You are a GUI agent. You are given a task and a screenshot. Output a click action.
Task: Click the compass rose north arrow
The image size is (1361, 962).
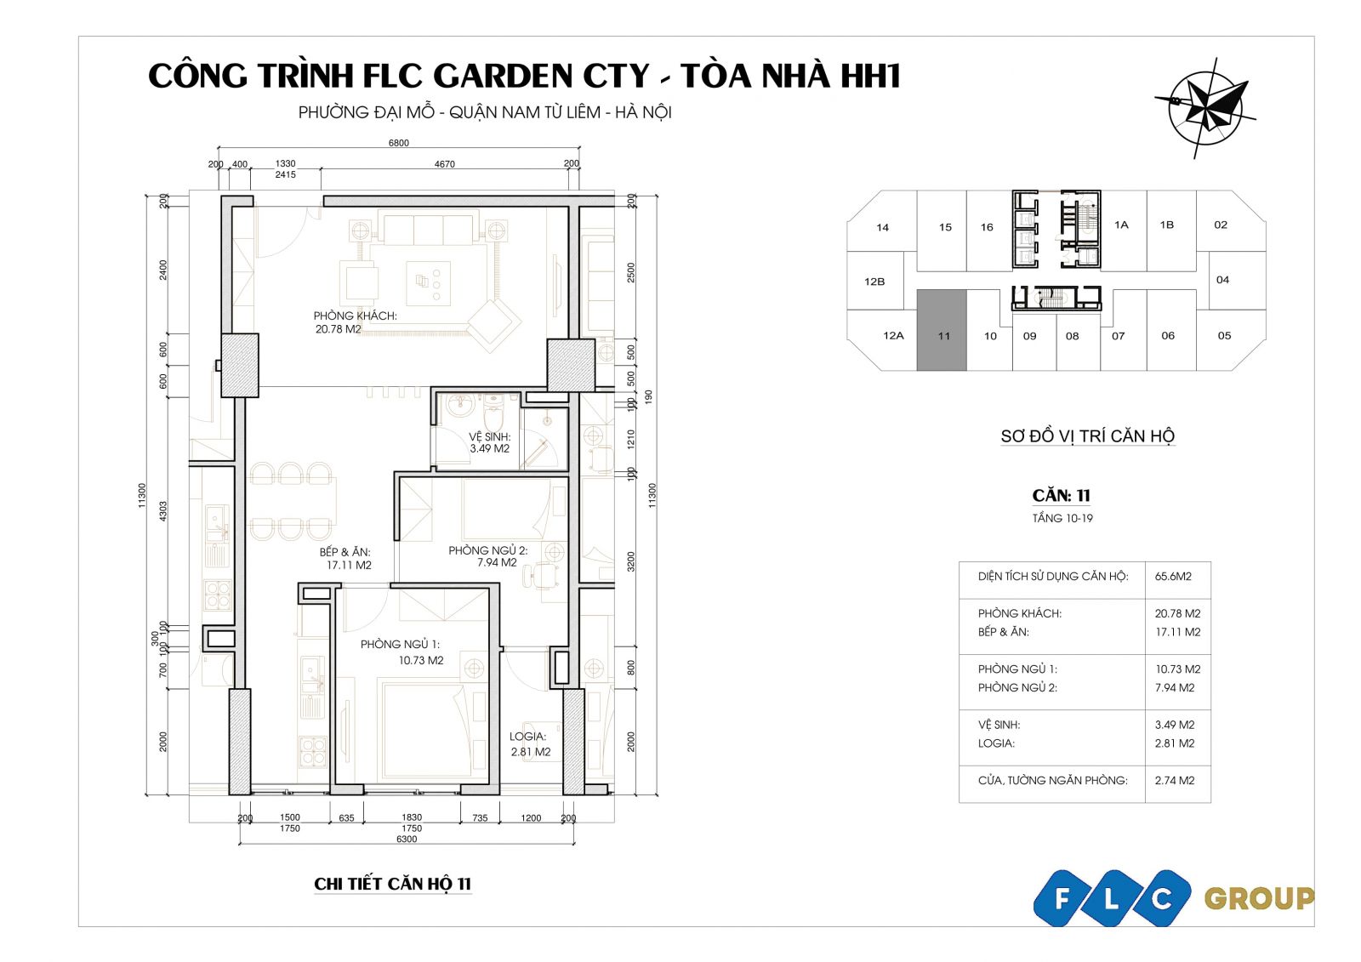tap(1205, 109)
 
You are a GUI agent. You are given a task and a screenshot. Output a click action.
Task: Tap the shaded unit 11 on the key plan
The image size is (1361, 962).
tap(941, 330)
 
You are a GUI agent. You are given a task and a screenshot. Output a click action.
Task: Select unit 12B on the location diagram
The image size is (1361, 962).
tap(874, 282)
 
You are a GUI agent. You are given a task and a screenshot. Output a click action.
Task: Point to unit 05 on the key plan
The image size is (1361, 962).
tap(1224, 335)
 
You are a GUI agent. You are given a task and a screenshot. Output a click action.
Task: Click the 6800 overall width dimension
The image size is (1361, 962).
tap(399, 143)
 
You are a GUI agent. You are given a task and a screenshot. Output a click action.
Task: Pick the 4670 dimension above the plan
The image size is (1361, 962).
tap(444, 164)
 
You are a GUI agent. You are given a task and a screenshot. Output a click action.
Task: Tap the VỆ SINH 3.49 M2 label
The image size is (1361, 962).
tap(489, 442)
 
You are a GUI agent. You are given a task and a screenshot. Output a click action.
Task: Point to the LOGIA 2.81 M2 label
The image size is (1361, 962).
tap(530, 744)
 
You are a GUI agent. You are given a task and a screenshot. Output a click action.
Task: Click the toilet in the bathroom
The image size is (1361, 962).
tap(493, 414)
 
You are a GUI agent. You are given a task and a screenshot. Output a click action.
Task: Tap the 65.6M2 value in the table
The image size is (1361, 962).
tap(1173, 576)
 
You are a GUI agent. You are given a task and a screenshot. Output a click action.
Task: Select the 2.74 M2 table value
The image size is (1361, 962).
tap(1175, 780)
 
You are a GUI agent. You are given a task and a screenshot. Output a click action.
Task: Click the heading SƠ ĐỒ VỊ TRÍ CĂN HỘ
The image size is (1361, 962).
tap(1088, 435)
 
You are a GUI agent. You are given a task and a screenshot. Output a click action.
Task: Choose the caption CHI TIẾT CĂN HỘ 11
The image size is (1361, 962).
tap(392, 884)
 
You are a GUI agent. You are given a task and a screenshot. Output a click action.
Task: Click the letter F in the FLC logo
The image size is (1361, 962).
tap(1062, 898)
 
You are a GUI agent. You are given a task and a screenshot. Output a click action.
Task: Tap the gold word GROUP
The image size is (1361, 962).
tap(1258, 899)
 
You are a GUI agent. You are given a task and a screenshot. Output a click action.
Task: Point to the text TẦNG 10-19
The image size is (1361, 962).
tap(1062, 518)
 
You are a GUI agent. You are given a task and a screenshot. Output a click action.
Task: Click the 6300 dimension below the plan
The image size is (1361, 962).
tap(407, 840)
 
